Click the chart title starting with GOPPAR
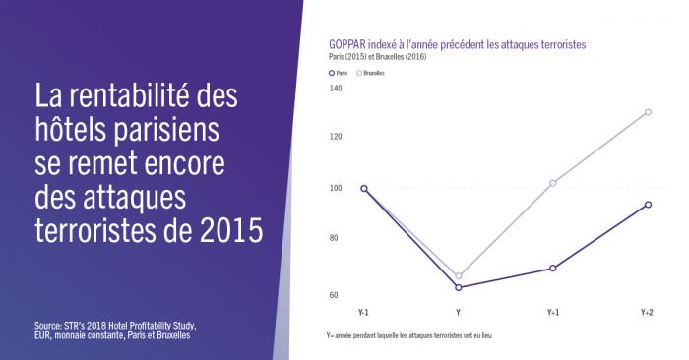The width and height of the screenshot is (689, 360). pos(458,45)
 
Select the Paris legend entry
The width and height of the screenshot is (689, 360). pos(339,73)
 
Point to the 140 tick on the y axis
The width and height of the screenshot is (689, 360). pos(335,90)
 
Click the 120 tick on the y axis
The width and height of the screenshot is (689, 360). pos(335,136)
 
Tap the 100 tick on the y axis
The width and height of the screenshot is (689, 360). pos(335,188)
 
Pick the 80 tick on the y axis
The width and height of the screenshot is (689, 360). pos(335,238)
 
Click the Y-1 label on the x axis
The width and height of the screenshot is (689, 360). pos(363,312)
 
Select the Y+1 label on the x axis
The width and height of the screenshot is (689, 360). pos(553,312)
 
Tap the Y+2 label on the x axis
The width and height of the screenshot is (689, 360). pos(647,312)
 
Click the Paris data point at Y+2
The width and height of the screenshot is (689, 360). pos(647,205)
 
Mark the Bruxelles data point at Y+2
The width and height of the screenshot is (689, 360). pos(647,112)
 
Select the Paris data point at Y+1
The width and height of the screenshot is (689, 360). pos(553,268)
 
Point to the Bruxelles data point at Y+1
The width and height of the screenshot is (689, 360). pos(553,183)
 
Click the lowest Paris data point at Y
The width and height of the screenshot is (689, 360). pos(459,287)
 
